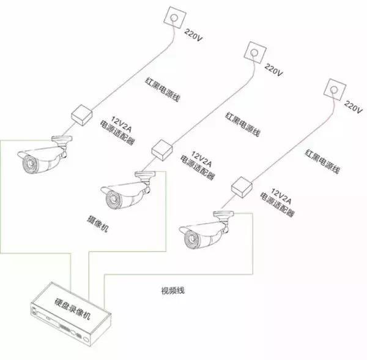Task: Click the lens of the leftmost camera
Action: click(x=28, y=164)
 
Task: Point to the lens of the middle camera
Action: click(x=113, y=199)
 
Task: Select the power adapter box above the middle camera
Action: click(x=161, y=149)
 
